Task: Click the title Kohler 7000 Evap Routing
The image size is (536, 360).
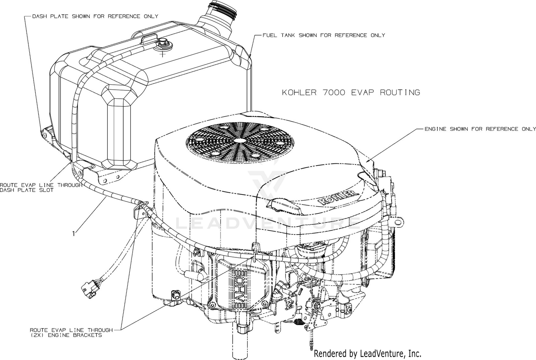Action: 351,93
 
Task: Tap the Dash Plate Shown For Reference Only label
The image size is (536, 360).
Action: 95,16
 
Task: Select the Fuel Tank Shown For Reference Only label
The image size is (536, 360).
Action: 324,35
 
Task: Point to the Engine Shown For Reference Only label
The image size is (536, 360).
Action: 480,129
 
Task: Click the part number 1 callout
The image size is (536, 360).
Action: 74,233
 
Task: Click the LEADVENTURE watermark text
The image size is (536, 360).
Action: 268,223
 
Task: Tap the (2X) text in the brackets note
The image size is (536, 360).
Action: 37,335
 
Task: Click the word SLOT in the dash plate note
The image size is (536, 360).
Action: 47,190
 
